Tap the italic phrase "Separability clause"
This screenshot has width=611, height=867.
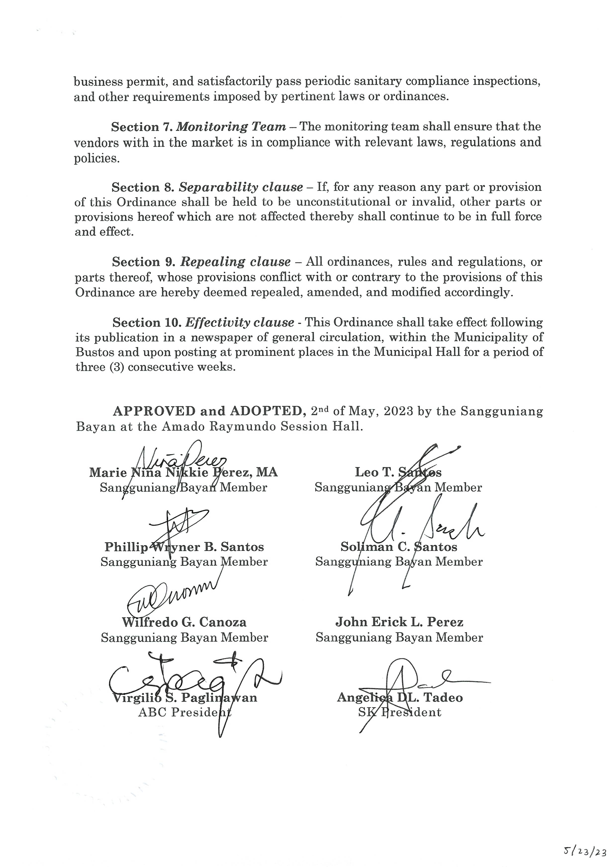(x=241, y=187)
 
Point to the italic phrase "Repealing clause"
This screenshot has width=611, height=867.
(x=235, y=262)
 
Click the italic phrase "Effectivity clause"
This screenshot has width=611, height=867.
(x=240, y=323)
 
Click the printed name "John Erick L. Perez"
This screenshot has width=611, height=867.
(x=399, y=622)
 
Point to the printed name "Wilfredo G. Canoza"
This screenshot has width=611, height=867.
(x=184, y=622)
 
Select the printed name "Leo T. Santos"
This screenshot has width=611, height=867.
(x=398, y=472)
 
